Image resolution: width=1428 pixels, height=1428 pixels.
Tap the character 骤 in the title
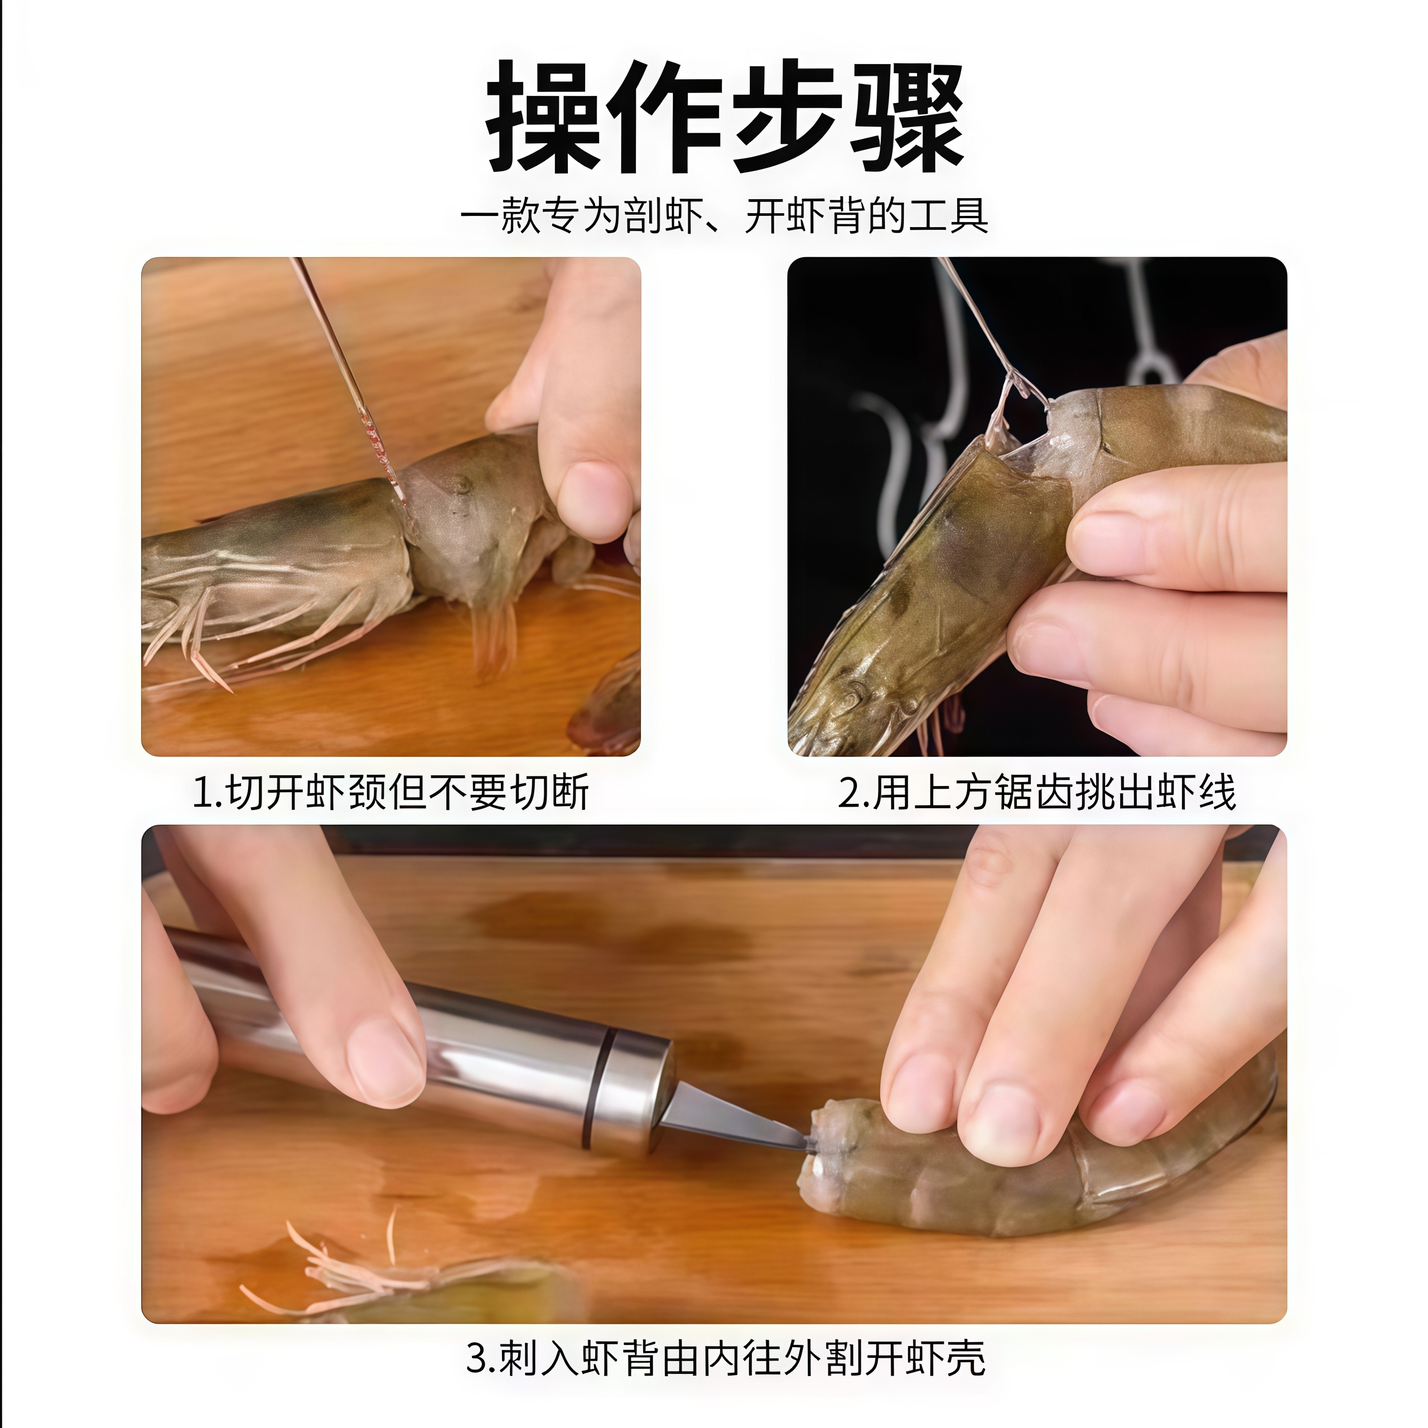click(x=908, y=118)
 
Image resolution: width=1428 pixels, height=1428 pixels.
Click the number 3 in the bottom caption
click(x=478, y=1358)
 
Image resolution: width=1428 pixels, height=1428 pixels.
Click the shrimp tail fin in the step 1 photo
click(x=494, y=636)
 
